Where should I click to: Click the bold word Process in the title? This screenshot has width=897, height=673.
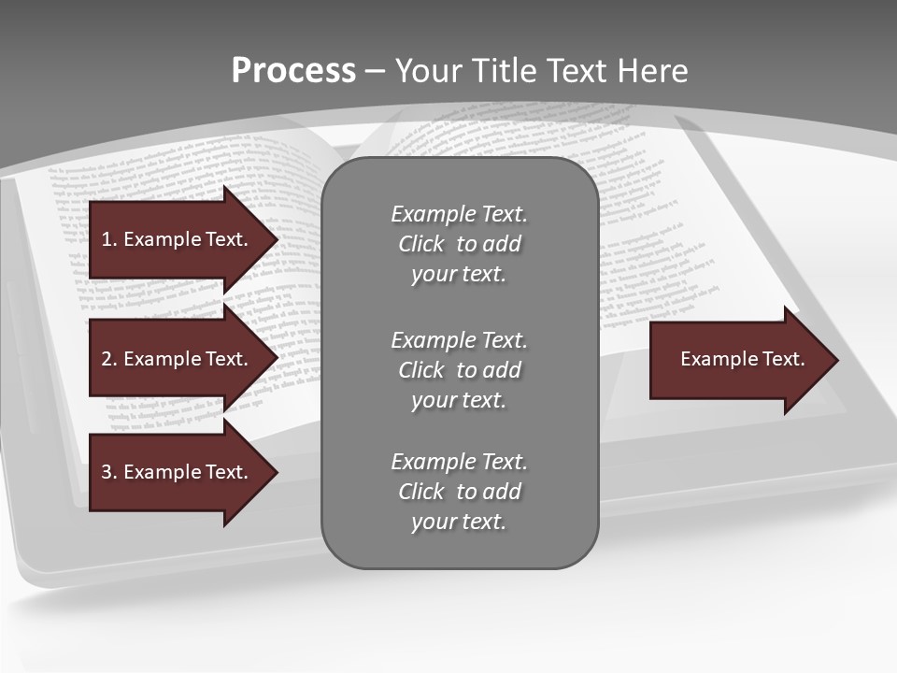point(293,71)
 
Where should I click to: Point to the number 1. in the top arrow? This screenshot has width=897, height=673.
point(109,239)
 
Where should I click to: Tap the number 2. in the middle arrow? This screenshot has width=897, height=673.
point(109,359)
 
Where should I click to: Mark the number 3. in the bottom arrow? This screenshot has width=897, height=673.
point(109,472)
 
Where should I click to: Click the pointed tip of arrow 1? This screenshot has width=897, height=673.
point(273,239)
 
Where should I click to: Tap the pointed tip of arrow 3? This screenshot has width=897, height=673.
point(273,472)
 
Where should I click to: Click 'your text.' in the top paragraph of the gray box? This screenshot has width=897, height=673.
point(459,275)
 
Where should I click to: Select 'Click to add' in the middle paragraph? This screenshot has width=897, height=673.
point(460,370)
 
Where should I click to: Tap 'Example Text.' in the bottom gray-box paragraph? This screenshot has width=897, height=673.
point(460,462)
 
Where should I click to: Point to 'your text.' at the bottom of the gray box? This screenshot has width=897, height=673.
point(459,522)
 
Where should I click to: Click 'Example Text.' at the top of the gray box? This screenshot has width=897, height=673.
point(460,214)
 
